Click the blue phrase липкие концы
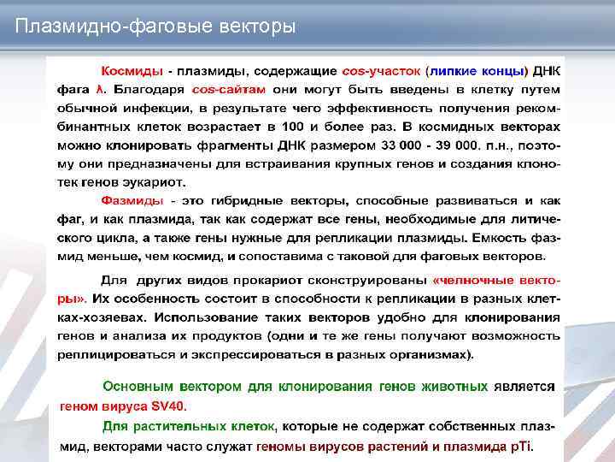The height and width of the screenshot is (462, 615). point(479,68)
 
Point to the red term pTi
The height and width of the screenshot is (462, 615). point(520,445)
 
